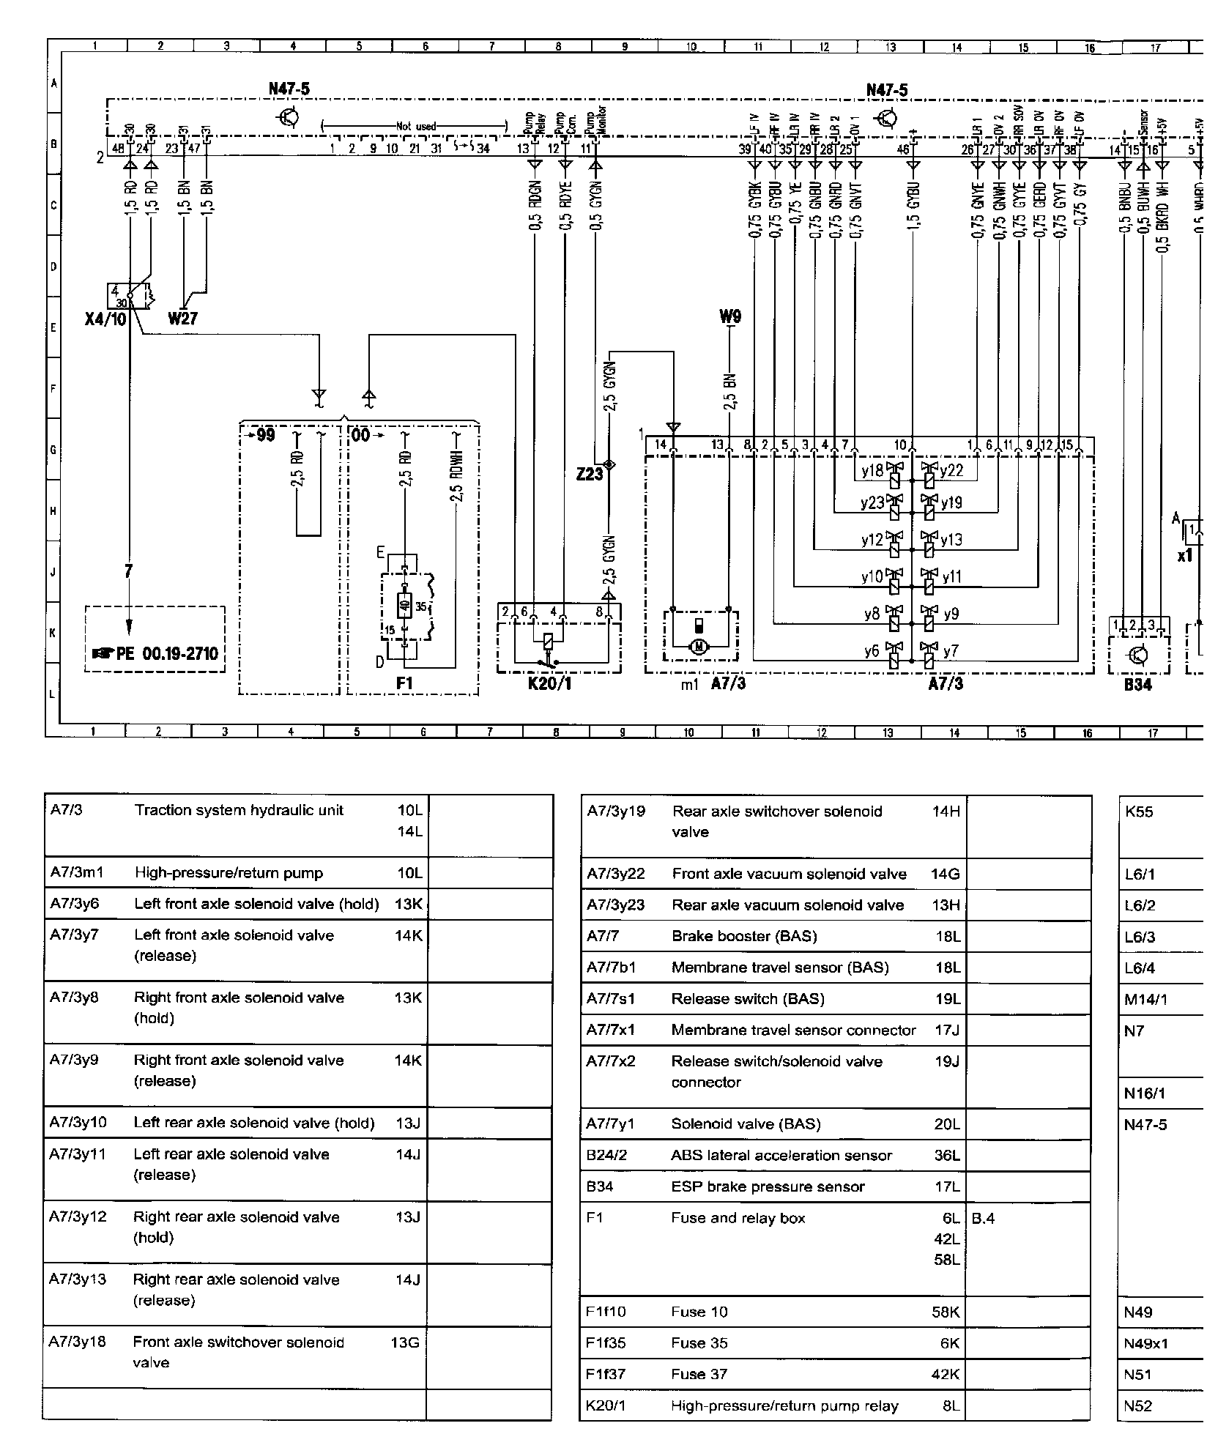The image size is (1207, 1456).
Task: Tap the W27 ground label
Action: [x=183, y=319]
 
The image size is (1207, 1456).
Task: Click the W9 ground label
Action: [x=730, y=317]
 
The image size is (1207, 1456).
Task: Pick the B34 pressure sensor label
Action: [x=1137, y=685]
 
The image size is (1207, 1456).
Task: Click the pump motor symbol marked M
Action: [x=699, y=645]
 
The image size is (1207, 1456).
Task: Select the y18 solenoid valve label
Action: [x=872, y=471]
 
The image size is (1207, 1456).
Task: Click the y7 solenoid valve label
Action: [x=951, y=651]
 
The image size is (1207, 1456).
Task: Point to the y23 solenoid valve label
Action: [x=872, y=503]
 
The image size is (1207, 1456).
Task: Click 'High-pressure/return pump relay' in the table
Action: [x=784, y=1405]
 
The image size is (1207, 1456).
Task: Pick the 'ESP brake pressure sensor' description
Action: [x=768, y=1186]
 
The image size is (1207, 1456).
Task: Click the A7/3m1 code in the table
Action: [x=73, y=872]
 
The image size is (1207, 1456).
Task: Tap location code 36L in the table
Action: [x=947, y=1155]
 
